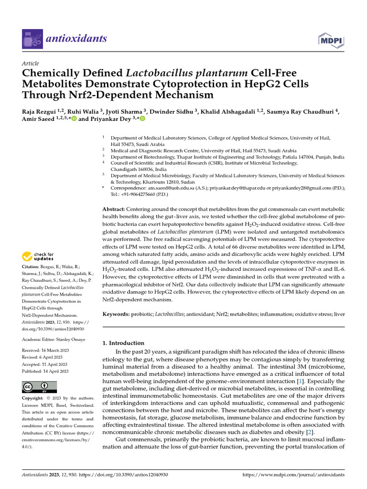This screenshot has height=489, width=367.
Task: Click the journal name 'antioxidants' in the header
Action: tap(77, 39)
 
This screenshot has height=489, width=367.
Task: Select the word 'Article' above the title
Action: tap(31, 64)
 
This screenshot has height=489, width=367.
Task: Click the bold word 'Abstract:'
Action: tap(114, 210)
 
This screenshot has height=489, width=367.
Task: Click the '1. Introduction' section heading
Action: tap(124, 343)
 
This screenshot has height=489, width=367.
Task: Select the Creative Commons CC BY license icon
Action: tap(39, 387)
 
